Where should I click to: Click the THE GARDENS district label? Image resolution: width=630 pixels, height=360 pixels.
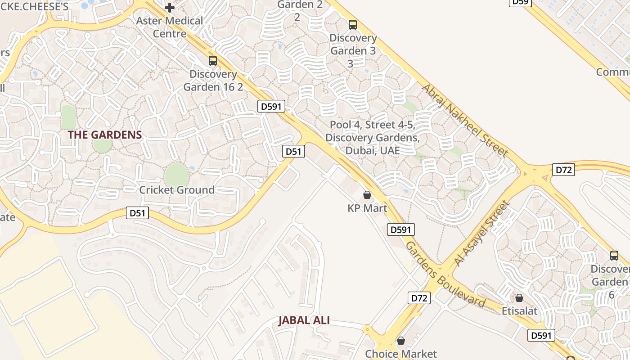coord(105,135)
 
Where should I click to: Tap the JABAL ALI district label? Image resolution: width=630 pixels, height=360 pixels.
coord(304,320)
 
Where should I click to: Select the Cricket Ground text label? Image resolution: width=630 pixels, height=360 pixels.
coord(177,190)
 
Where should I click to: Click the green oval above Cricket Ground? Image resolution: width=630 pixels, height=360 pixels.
coord(176,174)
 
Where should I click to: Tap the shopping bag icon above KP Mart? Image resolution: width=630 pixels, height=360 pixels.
coord(367,195)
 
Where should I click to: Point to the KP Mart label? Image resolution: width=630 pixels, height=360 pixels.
coord(367,208)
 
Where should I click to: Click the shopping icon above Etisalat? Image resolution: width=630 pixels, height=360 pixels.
coord(519,298)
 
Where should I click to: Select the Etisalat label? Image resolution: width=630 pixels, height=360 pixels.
coord(520,311)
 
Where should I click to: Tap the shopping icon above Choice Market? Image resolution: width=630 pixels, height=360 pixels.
coord(400,341)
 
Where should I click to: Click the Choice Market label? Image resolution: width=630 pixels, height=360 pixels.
coord(400,354)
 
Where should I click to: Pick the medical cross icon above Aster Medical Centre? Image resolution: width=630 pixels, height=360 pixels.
coord(169,8)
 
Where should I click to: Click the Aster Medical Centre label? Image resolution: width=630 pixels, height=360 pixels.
coord(170,27)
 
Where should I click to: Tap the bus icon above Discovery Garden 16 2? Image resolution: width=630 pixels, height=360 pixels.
coord(213,60)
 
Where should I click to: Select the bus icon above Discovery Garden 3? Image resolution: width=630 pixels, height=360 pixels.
coord(353,24)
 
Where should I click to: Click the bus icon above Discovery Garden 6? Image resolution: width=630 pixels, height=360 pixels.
coord(614,256)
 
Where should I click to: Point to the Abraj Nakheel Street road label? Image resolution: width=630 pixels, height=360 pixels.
coord(465,120)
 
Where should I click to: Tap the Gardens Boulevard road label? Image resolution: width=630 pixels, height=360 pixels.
coord(445,275)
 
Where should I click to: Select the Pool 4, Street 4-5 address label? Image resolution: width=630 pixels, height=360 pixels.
coord(373,137)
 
